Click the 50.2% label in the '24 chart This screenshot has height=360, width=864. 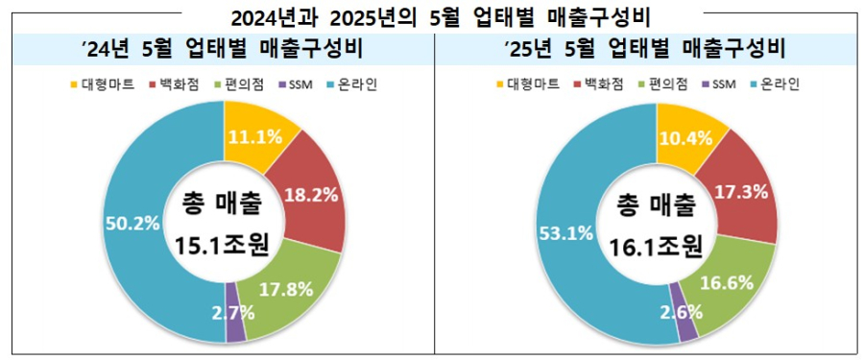(x=132, y=223)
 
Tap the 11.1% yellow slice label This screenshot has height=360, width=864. (x=254, y=137)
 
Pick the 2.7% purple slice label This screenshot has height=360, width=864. (x=233, y=310)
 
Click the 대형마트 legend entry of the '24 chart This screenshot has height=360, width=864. (x=103, y=84)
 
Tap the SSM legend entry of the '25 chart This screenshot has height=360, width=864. (x=718, y=84)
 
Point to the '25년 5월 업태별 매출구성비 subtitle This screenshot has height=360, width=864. (x=645, y=49)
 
